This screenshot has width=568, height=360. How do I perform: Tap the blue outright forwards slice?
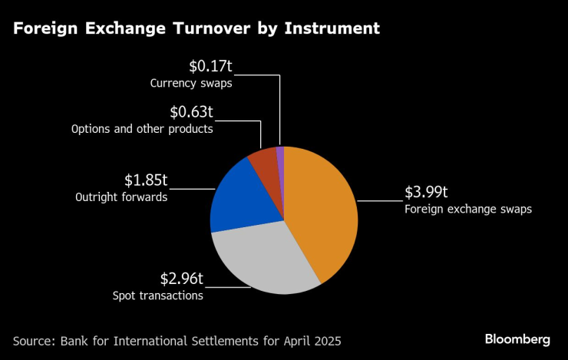click(234, 196)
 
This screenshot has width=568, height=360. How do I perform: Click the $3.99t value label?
click(427, 193)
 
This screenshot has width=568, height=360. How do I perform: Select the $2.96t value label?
click(182, 279)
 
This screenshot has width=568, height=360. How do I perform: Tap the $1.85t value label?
click(146, 181)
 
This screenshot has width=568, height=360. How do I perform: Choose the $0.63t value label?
click(191, 114)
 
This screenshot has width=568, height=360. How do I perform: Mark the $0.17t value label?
click(211, 67)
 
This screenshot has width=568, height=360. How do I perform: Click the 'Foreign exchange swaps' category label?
click(468, 209)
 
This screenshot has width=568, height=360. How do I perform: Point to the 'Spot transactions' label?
click(157, 295)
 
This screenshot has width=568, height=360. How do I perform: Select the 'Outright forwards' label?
click(121, 197)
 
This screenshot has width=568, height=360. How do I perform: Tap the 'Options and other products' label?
click(141, 129)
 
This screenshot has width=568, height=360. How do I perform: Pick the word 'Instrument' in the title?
click(332, 29)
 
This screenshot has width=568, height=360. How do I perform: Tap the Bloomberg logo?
click(517, 339)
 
